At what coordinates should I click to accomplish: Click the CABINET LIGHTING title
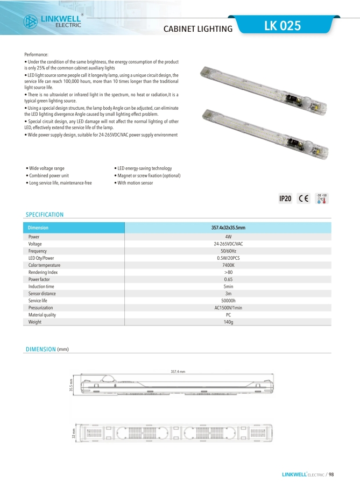click(x=198, y=29)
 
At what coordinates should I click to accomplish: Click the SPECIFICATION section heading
click(x=45, y=215)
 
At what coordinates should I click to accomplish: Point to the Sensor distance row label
click(x=43, y=294)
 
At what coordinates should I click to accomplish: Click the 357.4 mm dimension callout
click(x=178, y=372)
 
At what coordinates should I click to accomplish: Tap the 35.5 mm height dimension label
click(x=70, y=385)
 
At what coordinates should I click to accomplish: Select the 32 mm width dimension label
click(x=74, y=434)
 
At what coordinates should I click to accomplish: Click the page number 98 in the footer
click(x=331, y=474)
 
